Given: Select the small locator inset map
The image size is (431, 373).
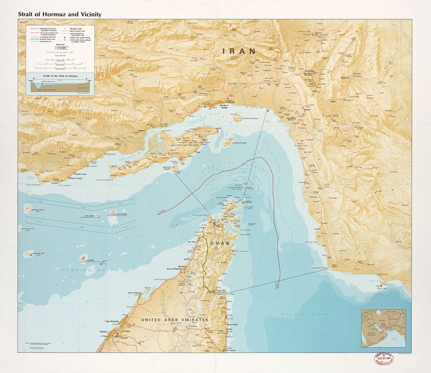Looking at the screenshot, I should tap(383, 328).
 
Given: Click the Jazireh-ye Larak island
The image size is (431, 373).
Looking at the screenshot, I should tap(227, 142).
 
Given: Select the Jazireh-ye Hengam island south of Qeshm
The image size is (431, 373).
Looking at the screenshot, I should tap(176, 166).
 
